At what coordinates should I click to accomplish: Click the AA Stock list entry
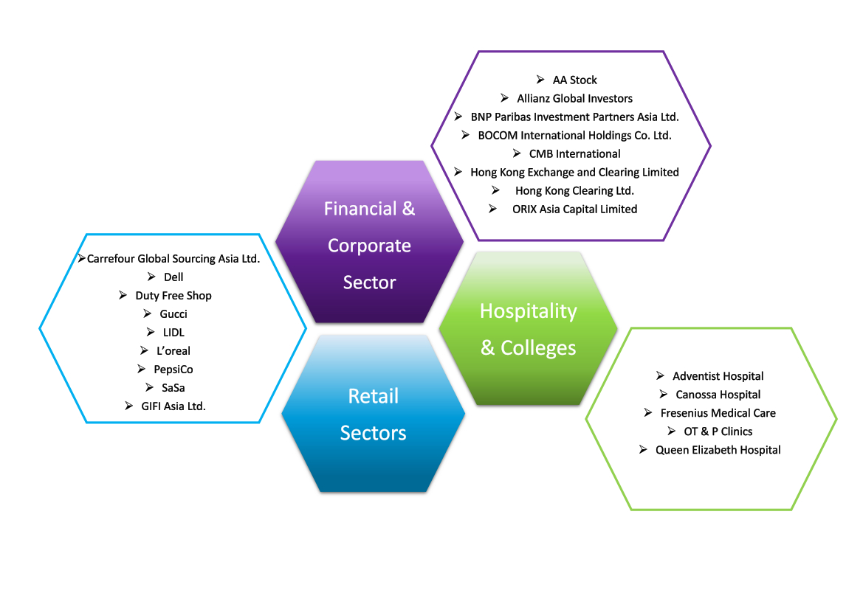point(574,80)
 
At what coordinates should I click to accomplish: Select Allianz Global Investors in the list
point(574,98)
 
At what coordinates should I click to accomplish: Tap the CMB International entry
point(574,154)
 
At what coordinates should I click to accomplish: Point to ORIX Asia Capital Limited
point(574,209)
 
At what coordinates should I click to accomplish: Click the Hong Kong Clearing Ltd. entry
point(574,191)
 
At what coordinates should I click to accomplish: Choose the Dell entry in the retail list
point(173,277)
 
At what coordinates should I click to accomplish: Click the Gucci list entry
point(173,314)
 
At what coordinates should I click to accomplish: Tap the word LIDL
point(173,332)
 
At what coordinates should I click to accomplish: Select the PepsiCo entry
point(173,370)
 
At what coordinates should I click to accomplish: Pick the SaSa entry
point(173,388)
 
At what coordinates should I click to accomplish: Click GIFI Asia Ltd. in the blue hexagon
point(173,406)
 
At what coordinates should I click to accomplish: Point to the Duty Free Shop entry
point(173,296)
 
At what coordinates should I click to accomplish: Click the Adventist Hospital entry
point(718,376)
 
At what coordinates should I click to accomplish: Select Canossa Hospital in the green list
point(718,395)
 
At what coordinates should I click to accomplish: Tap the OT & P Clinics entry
point(718,431)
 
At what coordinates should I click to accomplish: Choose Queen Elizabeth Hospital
point(718,450)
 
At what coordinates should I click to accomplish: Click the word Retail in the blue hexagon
point(373,396)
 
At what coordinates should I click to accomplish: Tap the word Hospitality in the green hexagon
point(529,311)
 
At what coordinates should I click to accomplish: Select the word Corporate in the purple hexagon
point(369,246)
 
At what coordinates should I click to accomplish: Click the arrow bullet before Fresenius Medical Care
point(648,412)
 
